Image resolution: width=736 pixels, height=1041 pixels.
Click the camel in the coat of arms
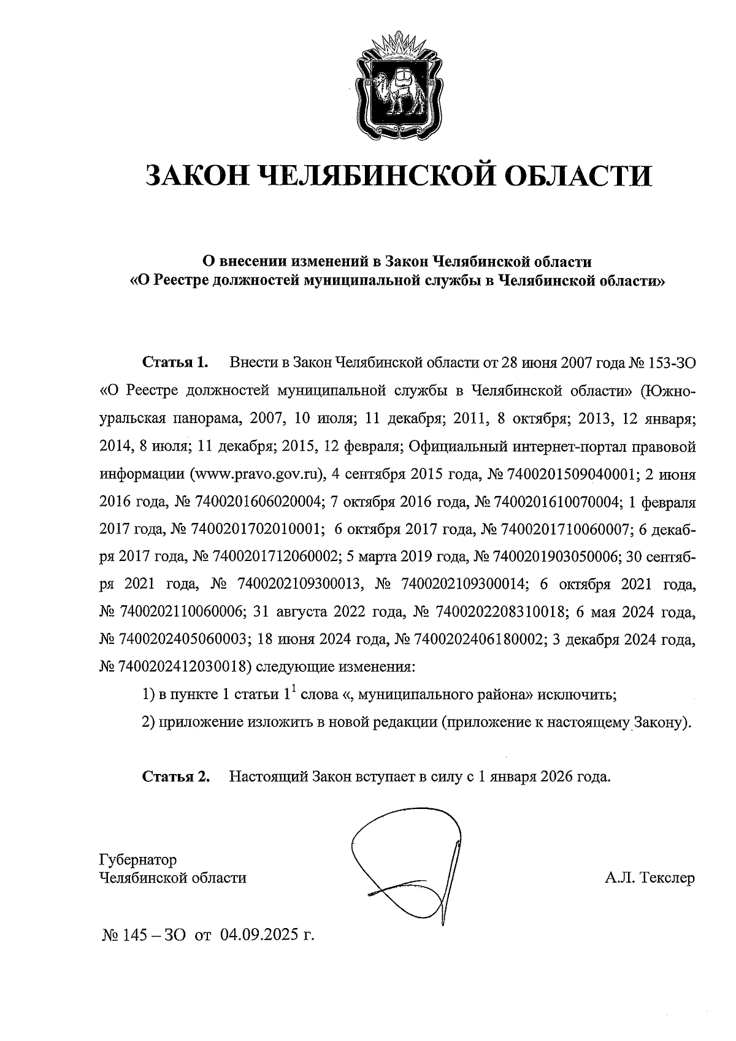click(x=393, y=93)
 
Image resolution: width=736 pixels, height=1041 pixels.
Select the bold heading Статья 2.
click(x=176, y=776)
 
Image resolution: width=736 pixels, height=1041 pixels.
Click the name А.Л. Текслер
click(x=650, y=878)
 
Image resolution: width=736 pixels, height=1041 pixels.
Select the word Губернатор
click(x=138, y=858)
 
